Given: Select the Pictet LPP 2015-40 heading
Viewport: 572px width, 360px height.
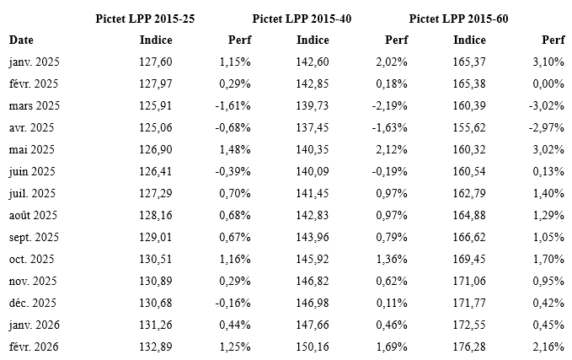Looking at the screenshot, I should pos(302,19).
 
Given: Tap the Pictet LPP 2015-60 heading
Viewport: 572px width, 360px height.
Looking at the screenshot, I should pos(458,19).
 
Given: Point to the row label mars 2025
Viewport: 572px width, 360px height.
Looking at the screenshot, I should pos(35,105).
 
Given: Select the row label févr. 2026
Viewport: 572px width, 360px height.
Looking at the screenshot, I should pos(34,347).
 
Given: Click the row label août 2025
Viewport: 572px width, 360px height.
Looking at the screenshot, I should pos(34,215).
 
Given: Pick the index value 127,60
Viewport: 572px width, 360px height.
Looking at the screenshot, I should pos(157,62).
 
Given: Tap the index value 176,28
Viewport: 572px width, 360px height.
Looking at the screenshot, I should pos(469,347).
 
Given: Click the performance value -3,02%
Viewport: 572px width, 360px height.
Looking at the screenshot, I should pos(548,105).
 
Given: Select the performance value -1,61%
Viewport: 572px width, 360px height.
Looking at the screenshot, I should pos(233,105).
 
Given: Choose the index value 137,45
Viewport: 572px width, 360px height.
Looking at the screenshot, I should pos(312,127).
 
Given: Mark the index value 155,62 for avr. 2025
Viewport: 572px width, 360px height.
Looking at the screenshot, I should pos(469,127).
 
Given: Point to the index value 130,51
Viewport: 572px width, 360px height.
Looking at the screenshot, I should pos(157,259).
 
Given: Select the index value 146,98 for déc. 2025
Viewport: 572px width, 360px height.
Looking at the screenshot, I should pos(312,303).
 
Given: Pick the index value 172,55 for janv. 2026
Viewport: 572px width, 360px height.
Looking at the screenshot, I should pos(469,325).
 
